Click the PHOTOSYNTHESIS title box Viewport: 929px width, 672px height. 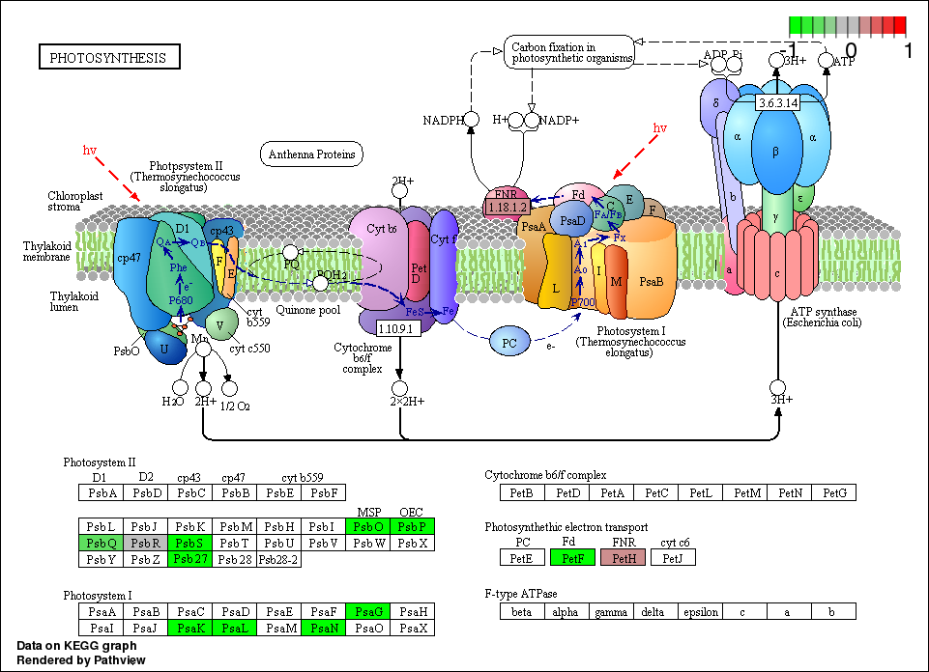pos(108,58)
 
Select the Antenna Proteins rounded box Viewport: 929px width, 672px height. pos(311,154)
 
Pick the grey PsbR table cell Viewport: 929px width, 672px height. pos(145,543)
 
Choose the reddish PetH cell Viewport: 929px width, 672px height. pos(622,557)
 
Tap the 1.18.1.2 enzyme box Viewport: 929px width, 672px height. pos(507,207)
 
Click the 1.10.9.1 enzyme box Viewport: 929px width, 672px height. pos(397,328)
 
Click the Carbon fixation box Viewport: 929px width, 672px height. pos(568,52)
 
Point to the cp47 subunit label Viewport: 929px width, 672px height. pos(129,260)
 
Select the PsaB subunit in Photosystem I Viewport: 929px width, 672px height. pos(653,283)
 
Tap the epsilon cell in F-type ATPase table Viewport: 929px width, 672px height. pos(701,611)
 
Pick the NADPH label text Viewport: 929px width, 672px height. pos(443,120)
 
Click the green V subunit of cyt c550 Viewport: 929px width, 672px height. pos(221,325)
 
